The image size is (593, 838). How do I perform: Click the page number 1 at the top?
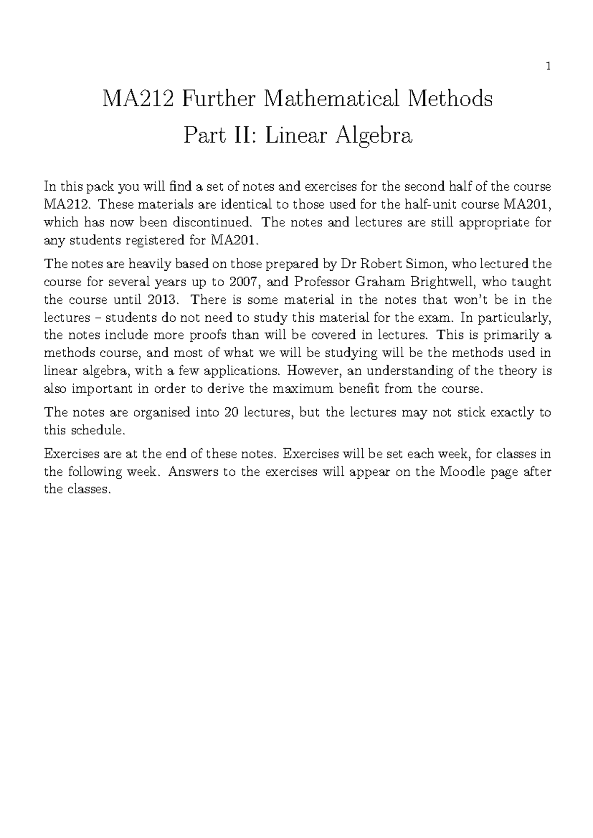pyautogui.click(x=548, y=66)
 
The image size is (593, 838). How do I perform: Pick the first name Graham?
pyautogui.click(x=375, y=282)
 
